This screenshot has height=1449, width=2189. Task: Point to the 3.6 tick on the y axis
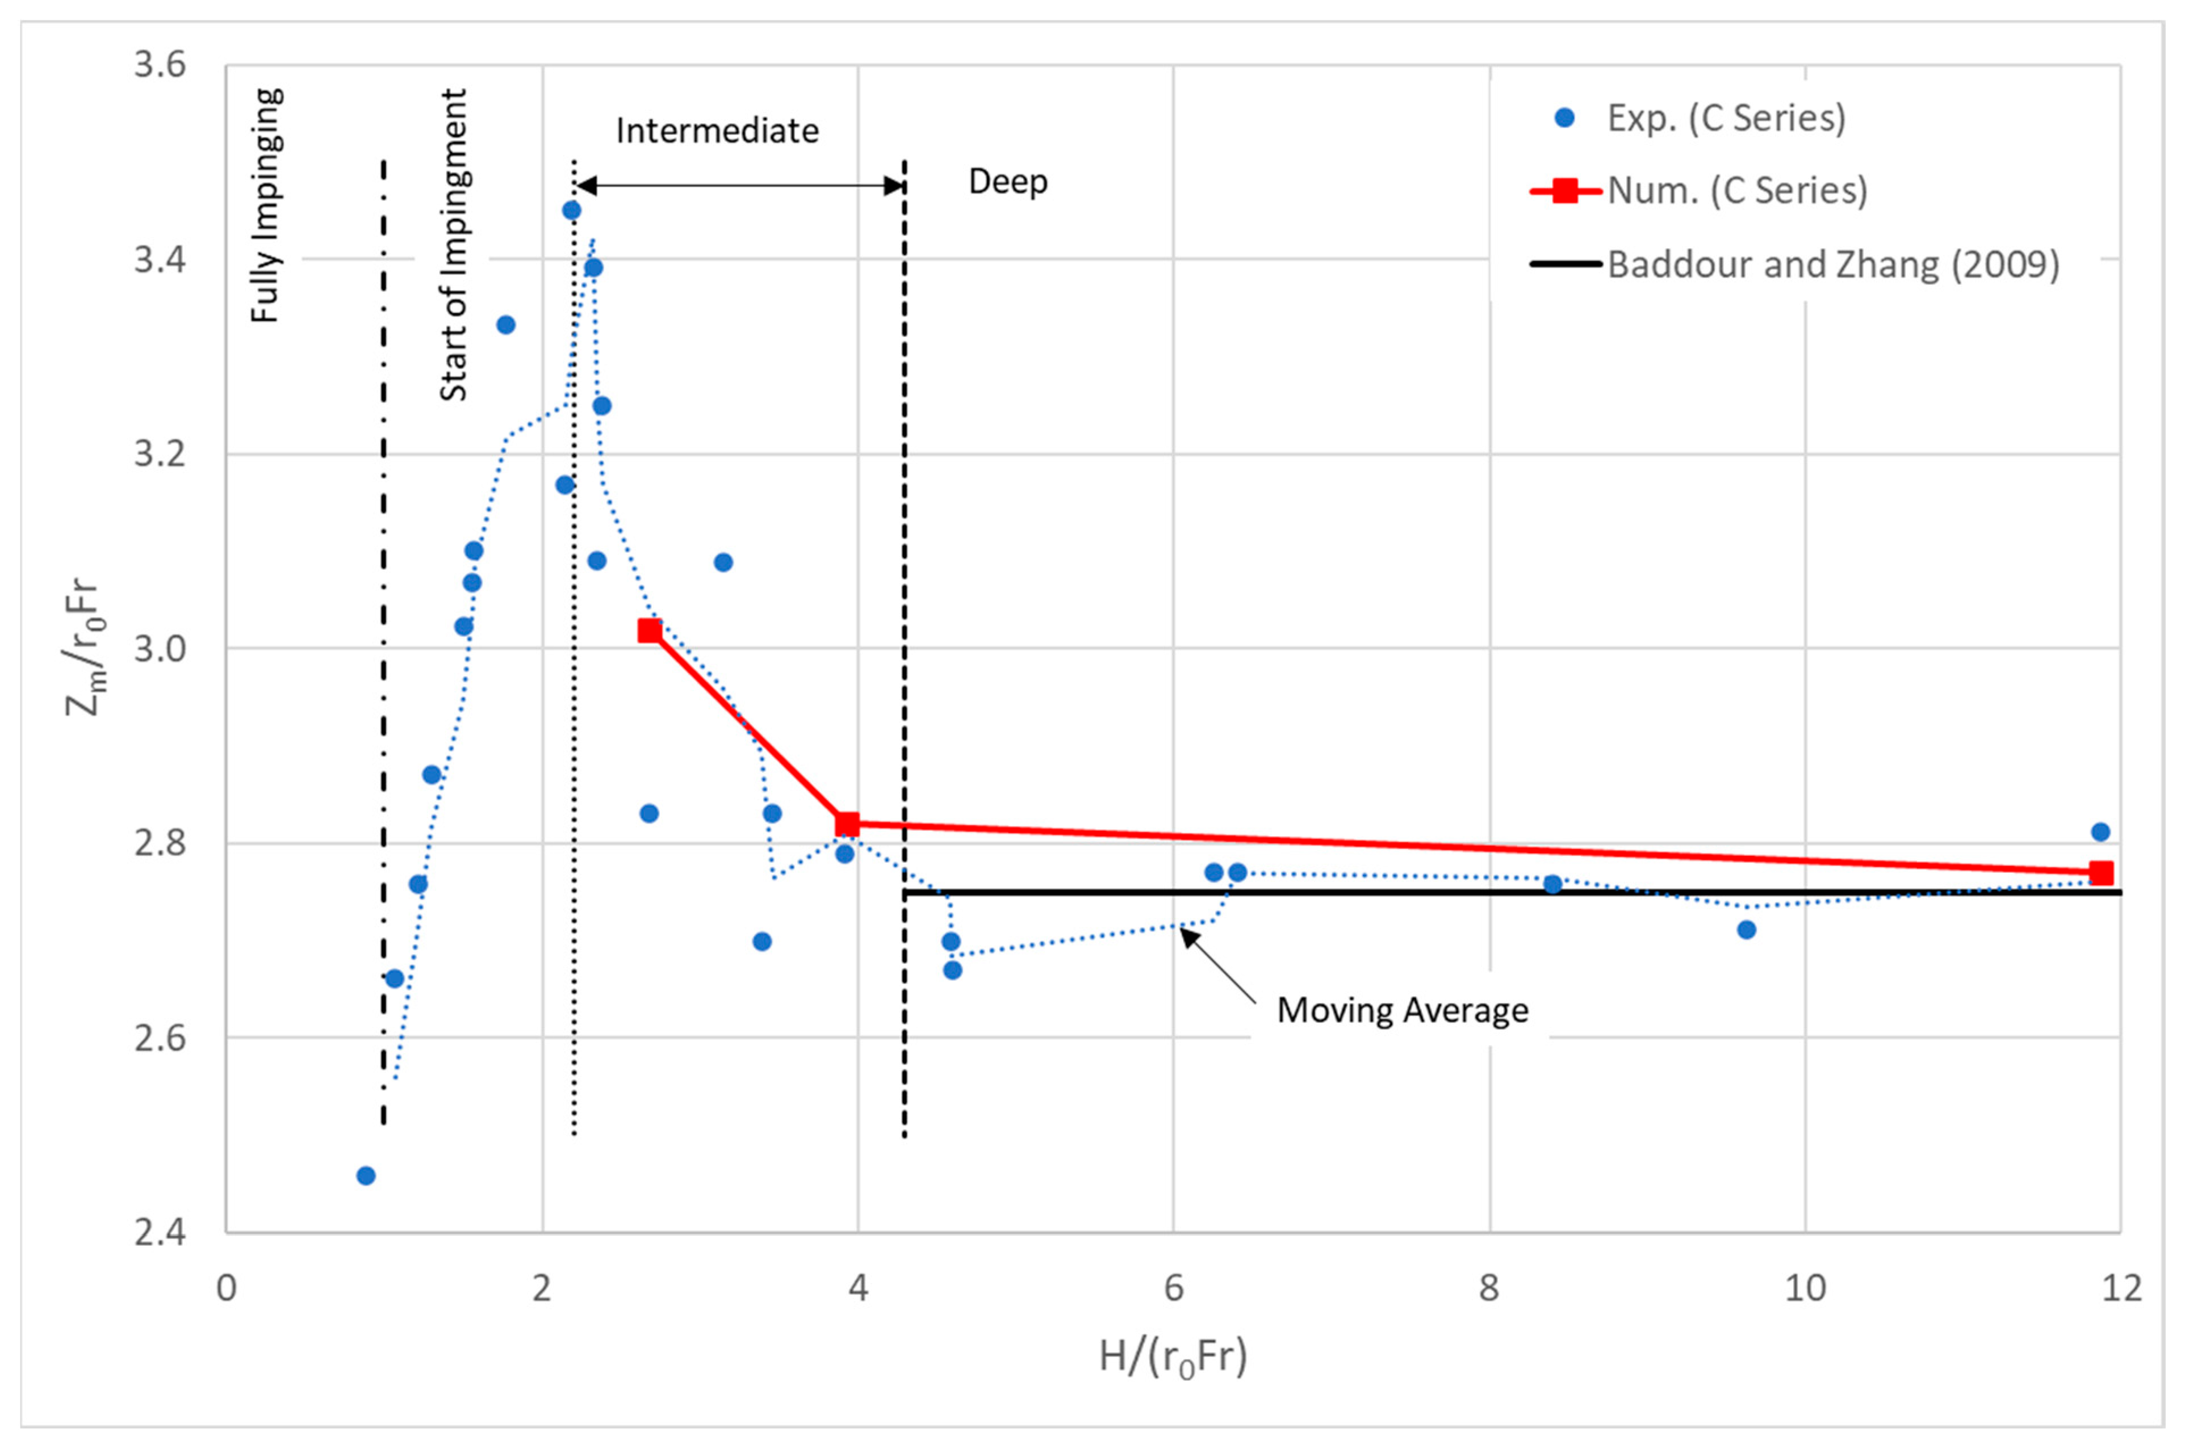(x=160, y=66)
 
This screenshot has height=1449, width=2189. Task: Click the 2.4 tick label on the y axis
(x=160, y=1233)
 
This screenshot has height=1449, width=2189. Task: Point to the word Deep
(x=1007, y=181)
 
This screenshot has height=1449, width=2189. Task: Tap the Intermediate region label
(x=717, y=131)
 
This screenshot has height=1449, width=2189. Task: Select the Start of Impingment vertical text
(x=453, y=245)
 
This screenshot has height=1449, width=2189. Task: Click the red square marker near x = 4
(x=847, y=824)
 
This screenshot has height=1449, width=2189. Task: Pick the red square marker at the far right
(x=2101, y=873)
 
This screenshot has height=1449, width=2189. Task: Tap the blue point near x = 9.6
(x=1746, y=930)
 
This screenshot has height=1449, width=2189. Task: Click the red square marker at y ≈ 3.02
(x=650, y=631)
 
